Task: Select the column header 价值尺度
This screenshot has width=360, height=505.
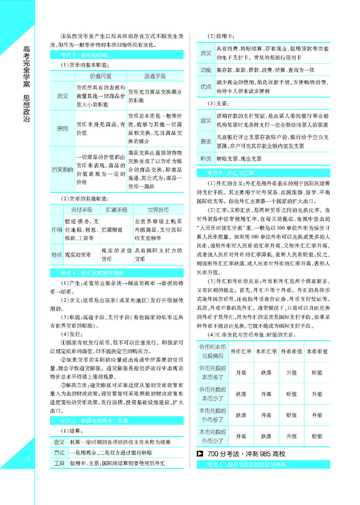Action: [101, 76]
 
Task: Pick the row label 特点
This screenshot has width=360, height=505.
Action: [57, 256]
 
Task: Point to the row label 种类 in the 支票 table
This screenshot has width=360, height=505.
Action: [205, 158]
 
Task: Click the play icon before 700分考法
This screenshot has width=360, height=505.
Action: [201, 454]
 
